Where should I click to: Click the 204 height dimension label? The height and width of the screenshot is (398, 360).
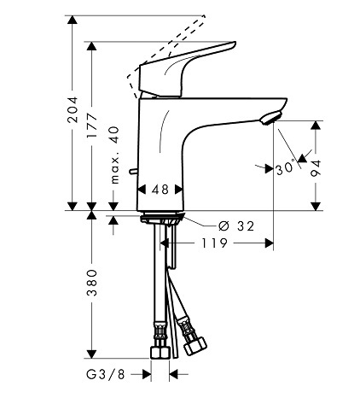(x=73, y=109)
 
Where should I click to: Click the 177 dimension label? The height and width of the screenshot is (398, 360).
(x=92, y=126)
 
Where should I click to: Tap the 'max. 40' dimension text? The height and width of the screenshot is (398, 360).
(x=114, y=155)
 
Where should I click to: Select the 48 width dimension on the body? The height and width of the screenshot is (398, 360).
(x=160, y=190)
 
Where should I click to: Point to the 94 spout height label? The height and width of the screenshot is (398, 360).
(x=316, y=168)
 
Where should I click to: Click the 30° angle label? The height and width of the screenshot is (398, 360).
(x=285, y=167)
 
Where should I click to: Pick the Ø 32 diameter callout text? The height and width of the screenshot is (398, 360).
(x=236, y=226)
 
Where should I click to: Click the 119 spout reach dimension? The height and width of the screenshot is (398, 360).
(x=214, y=243)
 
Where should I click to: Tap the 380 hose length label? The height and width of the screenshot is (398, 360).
(x=92, y=283)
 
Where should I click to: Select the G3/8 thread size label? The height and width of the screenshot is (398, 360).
(x=106, y=374)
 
